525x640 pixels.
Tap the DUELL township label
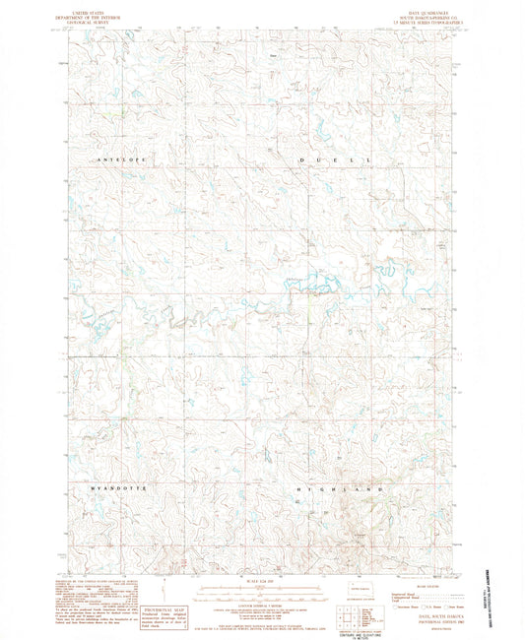click(335, 159)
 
